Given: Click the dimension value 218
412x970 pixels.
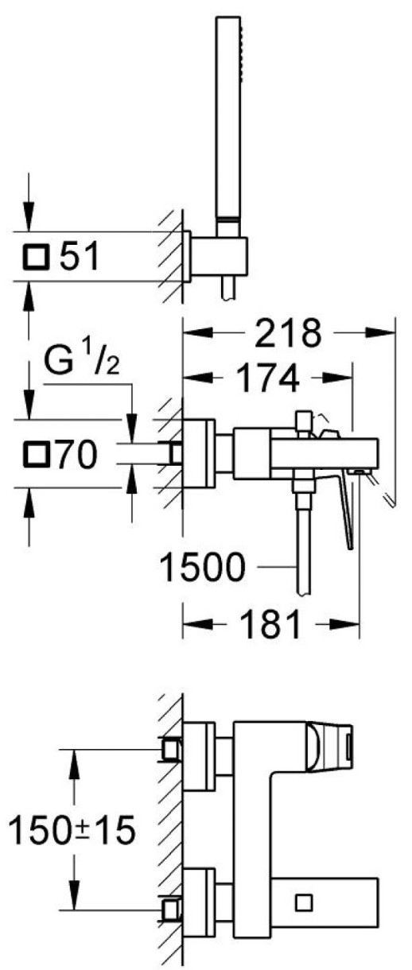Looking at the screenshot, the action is [288, 333].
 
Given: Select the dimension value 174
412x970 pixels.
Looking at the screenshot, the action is [269, 378].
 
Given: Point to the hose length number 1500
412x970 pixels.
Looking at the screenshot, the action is [203, 567].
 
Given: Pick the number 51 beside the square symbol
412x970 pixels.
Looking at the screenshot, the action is [80, 256].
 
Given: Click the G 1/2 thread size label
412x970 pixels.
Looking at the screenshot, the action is [82, 360].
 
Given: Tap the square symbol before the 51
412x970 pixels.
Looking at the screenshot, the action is [35, 256].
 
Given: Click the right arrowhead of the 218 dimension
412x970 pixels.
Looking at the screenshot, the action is [380, 333].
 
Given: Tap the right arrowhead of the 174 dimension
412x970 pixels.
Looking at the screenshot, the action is [338, 378].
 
